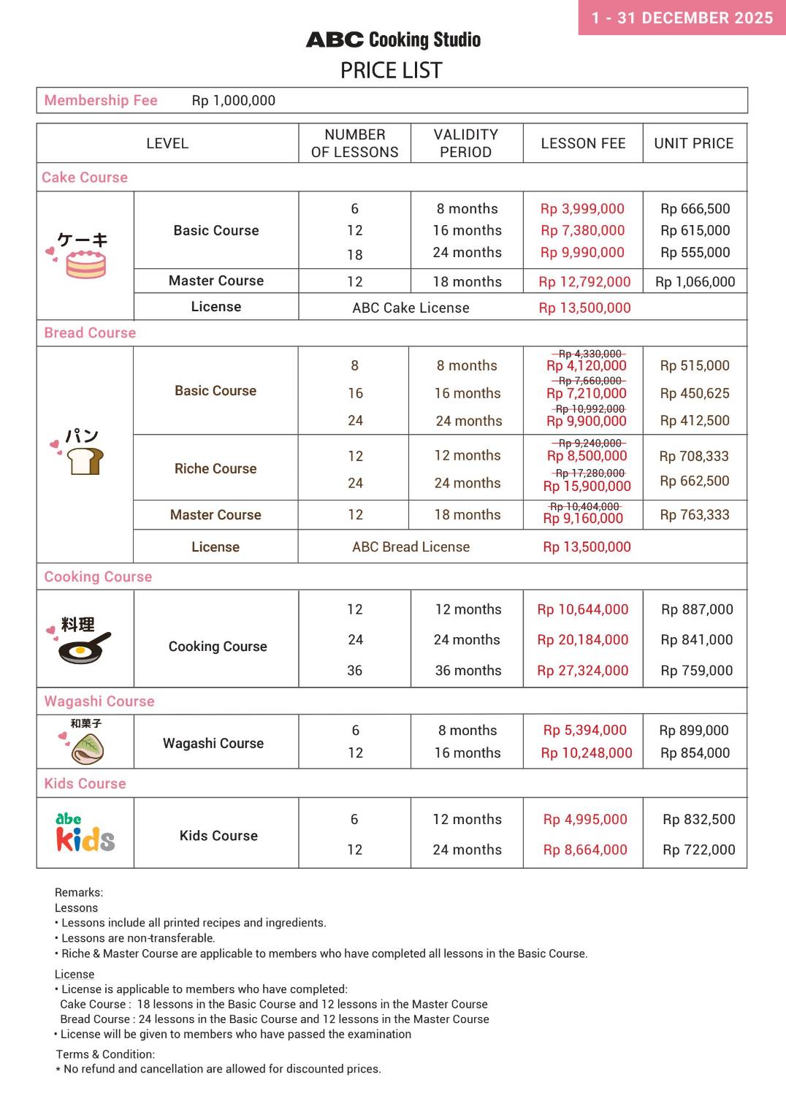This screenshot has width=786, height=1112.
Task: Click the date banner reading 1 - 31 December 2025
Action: [682, 18]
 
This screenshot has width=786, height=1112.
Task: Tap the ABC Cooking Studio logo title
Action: [393, 39]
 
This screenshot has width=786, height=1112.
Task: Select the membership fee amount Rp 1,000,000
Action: [234, 101]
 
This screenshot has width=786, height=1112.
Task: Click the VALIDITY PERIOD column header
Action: [466, 143]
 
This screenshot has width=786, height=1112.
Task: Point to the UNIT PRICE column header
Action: [694, 143]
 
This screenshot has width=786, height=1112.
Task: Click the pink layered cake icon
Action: [86, 264]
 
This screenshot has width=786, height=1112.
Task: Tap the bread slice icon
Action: [85, 461]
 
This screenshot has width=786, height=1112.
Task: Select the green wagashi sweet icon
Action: [88, 748]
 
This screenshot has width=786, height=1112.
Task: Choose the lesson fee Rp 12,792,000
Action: [584, 282]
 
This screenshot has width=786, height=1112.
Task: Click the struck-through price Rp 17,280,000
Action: [590, 473]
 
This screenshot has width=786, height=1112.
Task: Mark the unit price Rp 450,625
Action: [695, 393]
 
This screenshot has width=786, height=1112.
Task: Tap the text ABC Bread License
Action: [411, 547]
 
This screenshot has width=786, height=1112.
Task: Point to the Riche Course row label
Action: [215, 469]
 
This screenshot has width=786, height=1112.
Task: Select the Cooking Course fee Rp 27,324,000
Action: [583, 671]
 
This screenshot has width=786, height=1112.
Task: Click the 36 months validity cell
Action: [468, 671]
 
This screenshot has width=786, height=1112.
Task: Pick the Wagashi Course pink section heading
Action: [99, 701]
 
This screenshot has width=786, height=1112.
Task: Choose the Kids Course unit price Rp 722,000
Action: [699, 850]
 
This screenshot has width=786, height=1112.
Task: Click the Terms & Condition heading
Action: [105, 1054]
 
